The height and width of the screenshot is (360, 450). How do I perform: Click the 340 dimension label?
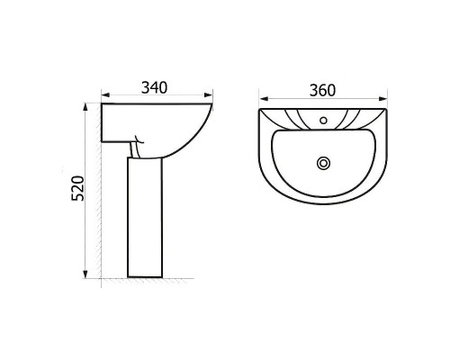(x=154, y=87)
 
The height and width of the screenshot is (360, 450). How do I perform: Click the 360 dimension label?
(x=322, y=91)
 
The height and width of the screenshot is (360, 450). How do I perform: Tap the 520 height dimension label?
(x=78, y=188)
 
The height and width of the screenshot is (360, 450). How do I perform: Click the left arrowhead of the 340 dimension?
(x=106, y=95)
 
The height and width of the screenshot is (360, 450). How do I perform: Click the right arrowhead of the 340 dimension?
(x=208, y=95)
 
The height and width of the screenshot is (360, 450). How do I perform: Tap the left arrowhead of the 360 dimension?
(x=264, y=99)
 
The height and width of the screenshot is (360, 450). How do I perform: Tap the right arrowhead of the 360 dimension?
(x=382, y=99)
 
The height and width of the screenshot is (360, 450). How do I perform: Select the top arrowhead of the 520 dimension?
(x=85, y=108)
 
